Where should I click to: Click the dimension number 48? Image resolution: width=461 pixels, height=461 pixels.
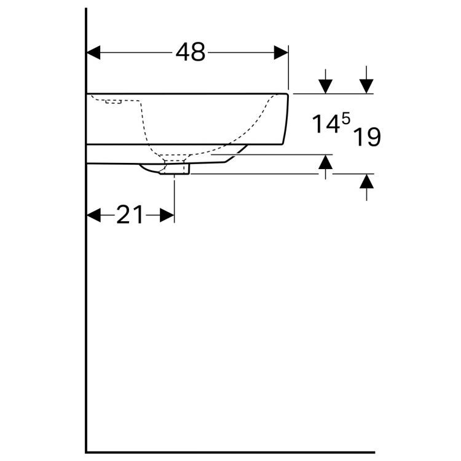tap(190, 53)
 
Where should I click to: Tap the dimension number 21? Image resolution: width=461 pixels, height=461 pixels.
tap(130, 215)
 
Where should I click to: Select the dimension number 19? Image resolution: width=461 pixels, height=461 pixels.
tap(367, 137)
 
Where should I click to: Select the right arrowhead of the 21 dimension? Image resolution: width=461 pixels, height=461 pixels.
tap(168, 215)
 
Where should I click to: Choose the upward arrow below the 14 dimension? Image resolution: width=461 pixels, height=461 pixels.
tap(326, 162)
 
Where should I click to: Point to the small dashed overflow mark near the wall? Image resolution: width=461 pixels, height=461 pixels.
tap(113, 101)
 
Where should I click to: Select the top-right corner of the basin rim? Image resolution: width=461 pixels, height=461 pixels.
tap(288, 94)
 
